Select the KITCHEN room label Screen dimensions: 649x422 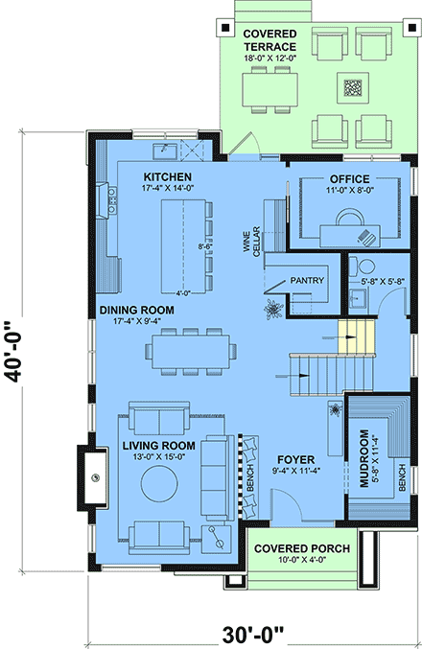168,177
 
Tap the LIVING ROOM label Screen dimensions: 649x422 159,446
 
